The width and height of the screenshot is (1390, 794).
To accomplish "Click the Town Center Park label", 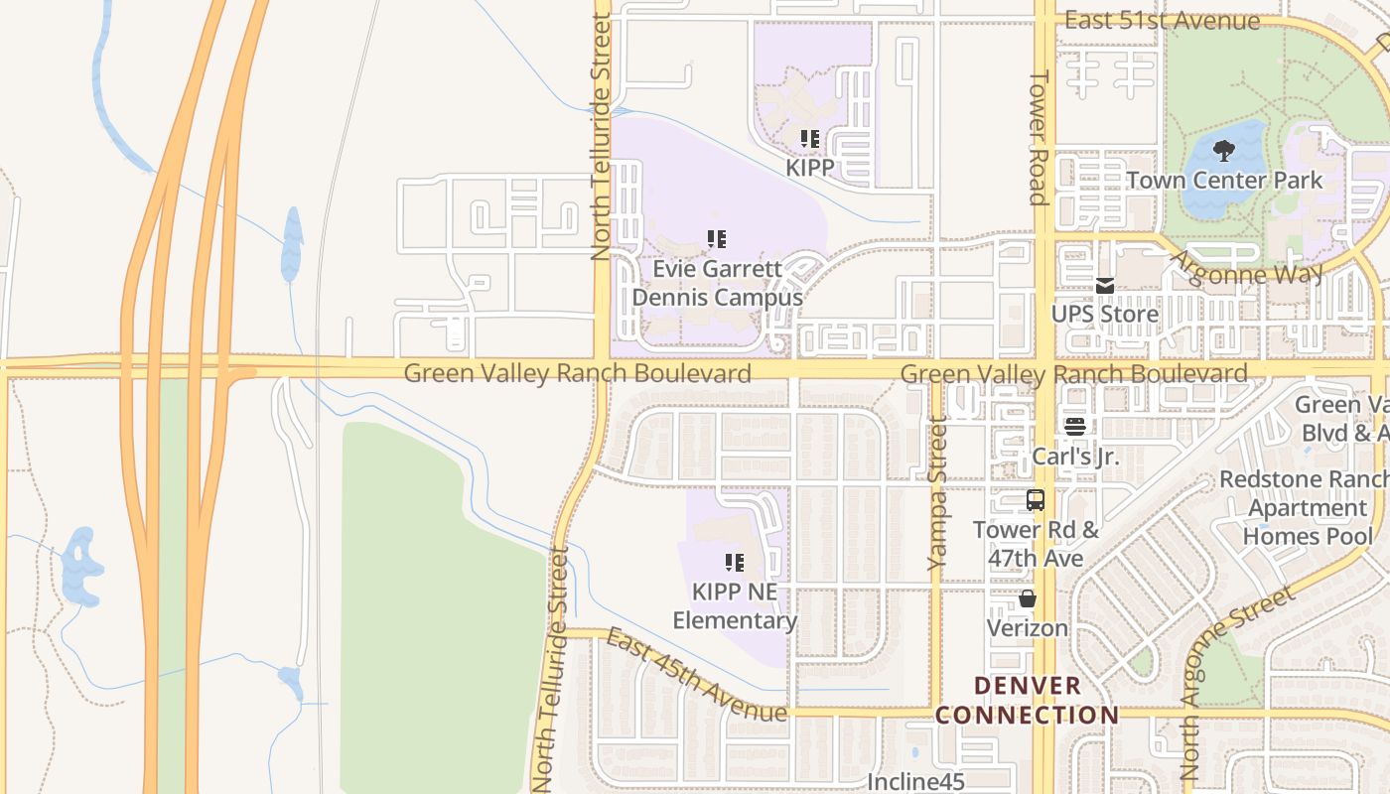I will click(x=1224, y=181).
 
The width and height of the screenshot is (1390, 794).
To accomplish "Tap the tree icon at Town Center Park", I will click(x=1224, y=151).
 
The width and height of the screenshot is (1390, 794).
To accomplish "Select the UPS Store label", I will click(x=1105, y=315).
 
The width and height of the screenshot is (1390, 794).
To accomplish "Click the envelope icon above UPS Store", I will click(x=1105, y=286).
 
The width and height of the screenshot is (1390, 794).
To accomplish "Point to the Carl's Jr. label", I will click(x=1075, y=457).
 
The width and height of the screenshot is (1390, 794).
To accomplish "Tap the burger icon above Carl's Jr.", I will click(x=1075, y=428).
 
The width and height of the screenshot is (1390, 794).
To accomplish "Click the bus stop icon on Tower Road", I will click(x=1036, y=500).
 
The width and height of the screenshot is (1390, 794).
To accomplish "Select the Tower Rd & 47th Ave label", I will click(x=1036, y=544).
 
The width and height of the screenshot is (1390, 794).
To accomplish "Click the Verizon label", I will click(x=1028, y=628).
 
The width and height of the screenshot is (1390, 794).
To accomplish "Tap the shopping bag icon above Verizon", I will click(x=1028, y=599).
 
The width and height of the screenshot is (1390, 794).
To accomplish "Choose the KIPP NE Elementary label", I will click(x=735, y=606).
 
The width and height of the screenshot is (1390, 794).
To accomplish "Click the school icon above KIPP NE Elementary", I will click(x=735, y=564).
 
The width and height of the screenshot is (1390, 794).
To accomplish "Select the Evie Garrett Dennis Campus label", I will click(x=717, y=283).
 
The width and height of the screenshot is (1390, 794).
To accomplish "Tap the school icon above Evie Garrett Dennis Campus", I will click(x=717, y=239).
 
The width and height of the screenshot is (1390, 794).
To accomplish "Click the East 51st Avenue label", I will click(x=1162, y=21).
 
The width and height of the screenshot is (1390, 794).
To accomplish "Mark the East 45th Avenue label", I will click(x=695, y=676).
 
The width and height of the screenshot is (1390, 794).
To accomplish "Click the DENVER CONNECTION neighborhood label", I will click(x=1028, y=700).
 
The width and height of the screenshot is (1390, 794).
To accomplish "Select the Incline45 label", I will click(x=915, y=782).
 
